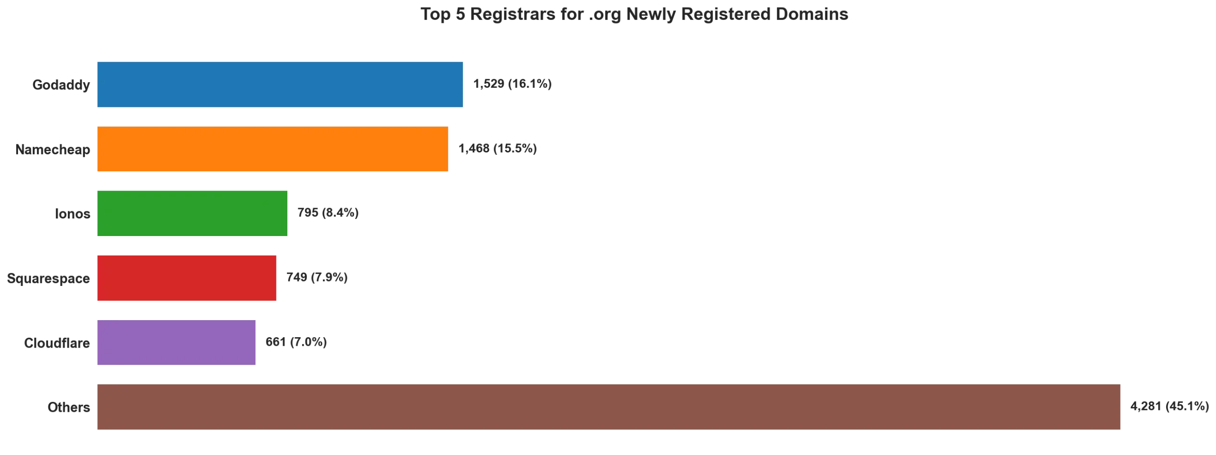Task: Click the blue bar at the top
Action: click(x=279, y=85)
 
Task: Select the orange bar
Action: click(x=272, y=150)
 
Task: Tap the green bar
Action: click(x=192, y=214)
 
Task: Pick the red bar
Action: click(x=186, y=279)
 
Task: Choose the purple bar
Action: click(x=177, y=343)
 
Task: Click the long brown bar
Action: click(x=608, y=408)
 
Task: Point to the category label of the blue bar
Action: click(x=60, y=85)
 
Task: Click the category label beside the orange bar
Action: click(x=52, y=150)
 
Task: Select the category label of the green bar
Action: click(x=71, y=214)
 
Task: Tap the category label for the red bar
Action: click(x=47, y=279)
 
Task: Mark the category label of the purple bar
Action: click(x=57, y=343)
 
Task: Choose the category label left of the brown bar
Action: click(x=68, y=408)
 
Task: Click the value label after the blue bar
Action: click(x=513, y=85)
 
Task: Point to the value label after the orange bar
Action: click(x=498, y=149)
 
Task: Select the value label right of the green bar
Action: click(x=328, y=214)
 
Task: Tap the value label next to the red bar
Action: click(x=317, y=278)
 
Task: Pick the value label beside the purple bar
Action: click(x=296, y=343)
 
